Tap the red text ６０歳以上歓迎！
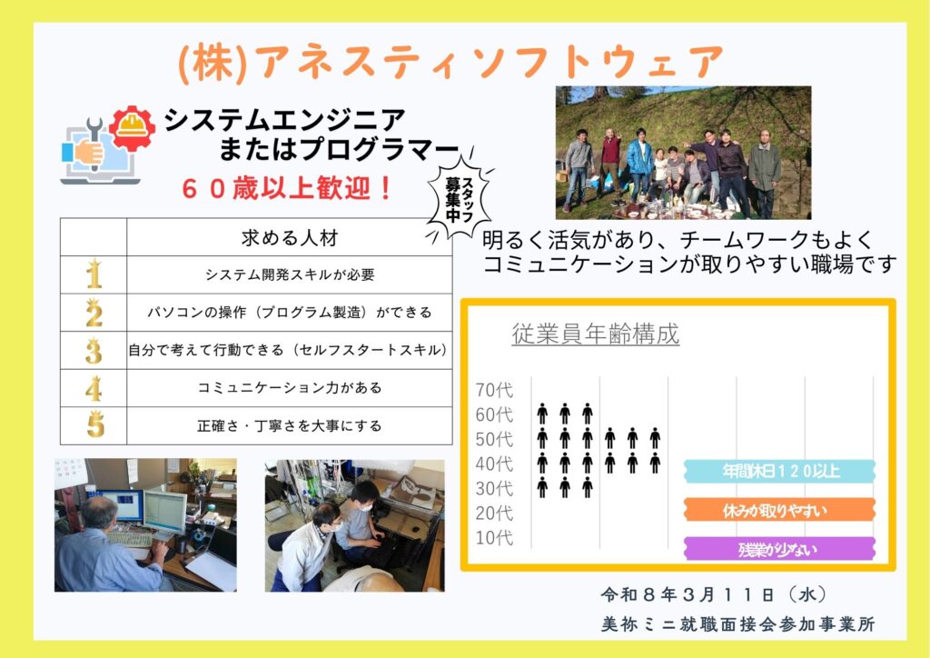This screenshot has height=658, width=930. pos(287,189)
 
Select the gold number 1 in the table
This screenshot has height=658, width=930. pos(94,274)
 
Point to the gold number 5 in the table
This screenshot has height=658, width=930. pos(94,424)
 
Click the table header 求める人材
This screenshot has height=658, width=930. pos(290,238)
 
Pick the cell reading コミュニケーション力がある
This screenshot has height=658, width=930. pos(290,388)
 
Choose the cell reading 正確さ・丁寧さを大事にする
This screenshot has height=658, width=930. pos(290,426)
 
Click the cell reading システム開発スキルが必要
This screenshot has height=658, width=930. pos(290,274)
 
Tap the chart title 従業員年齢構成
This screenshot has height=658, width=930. pos(596,334)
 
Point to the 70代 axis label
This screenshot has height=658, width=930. pos(494,390)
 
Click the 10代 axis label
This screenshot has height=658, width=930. pos(494,537)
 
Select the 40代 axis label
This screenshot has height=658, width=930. pos(494,464)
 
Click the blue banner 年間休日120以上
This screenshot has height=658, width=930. pos(780,471)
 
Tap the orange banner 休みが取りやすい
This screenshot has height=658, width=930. pos(780,510)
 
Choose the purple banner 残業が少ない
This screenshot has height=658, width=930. pos(780,549)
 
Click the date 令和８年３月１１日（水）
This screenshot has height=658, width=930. pos(713,593)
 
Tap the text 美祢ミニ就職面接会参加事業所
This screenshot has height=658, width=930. pos(737,624)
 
